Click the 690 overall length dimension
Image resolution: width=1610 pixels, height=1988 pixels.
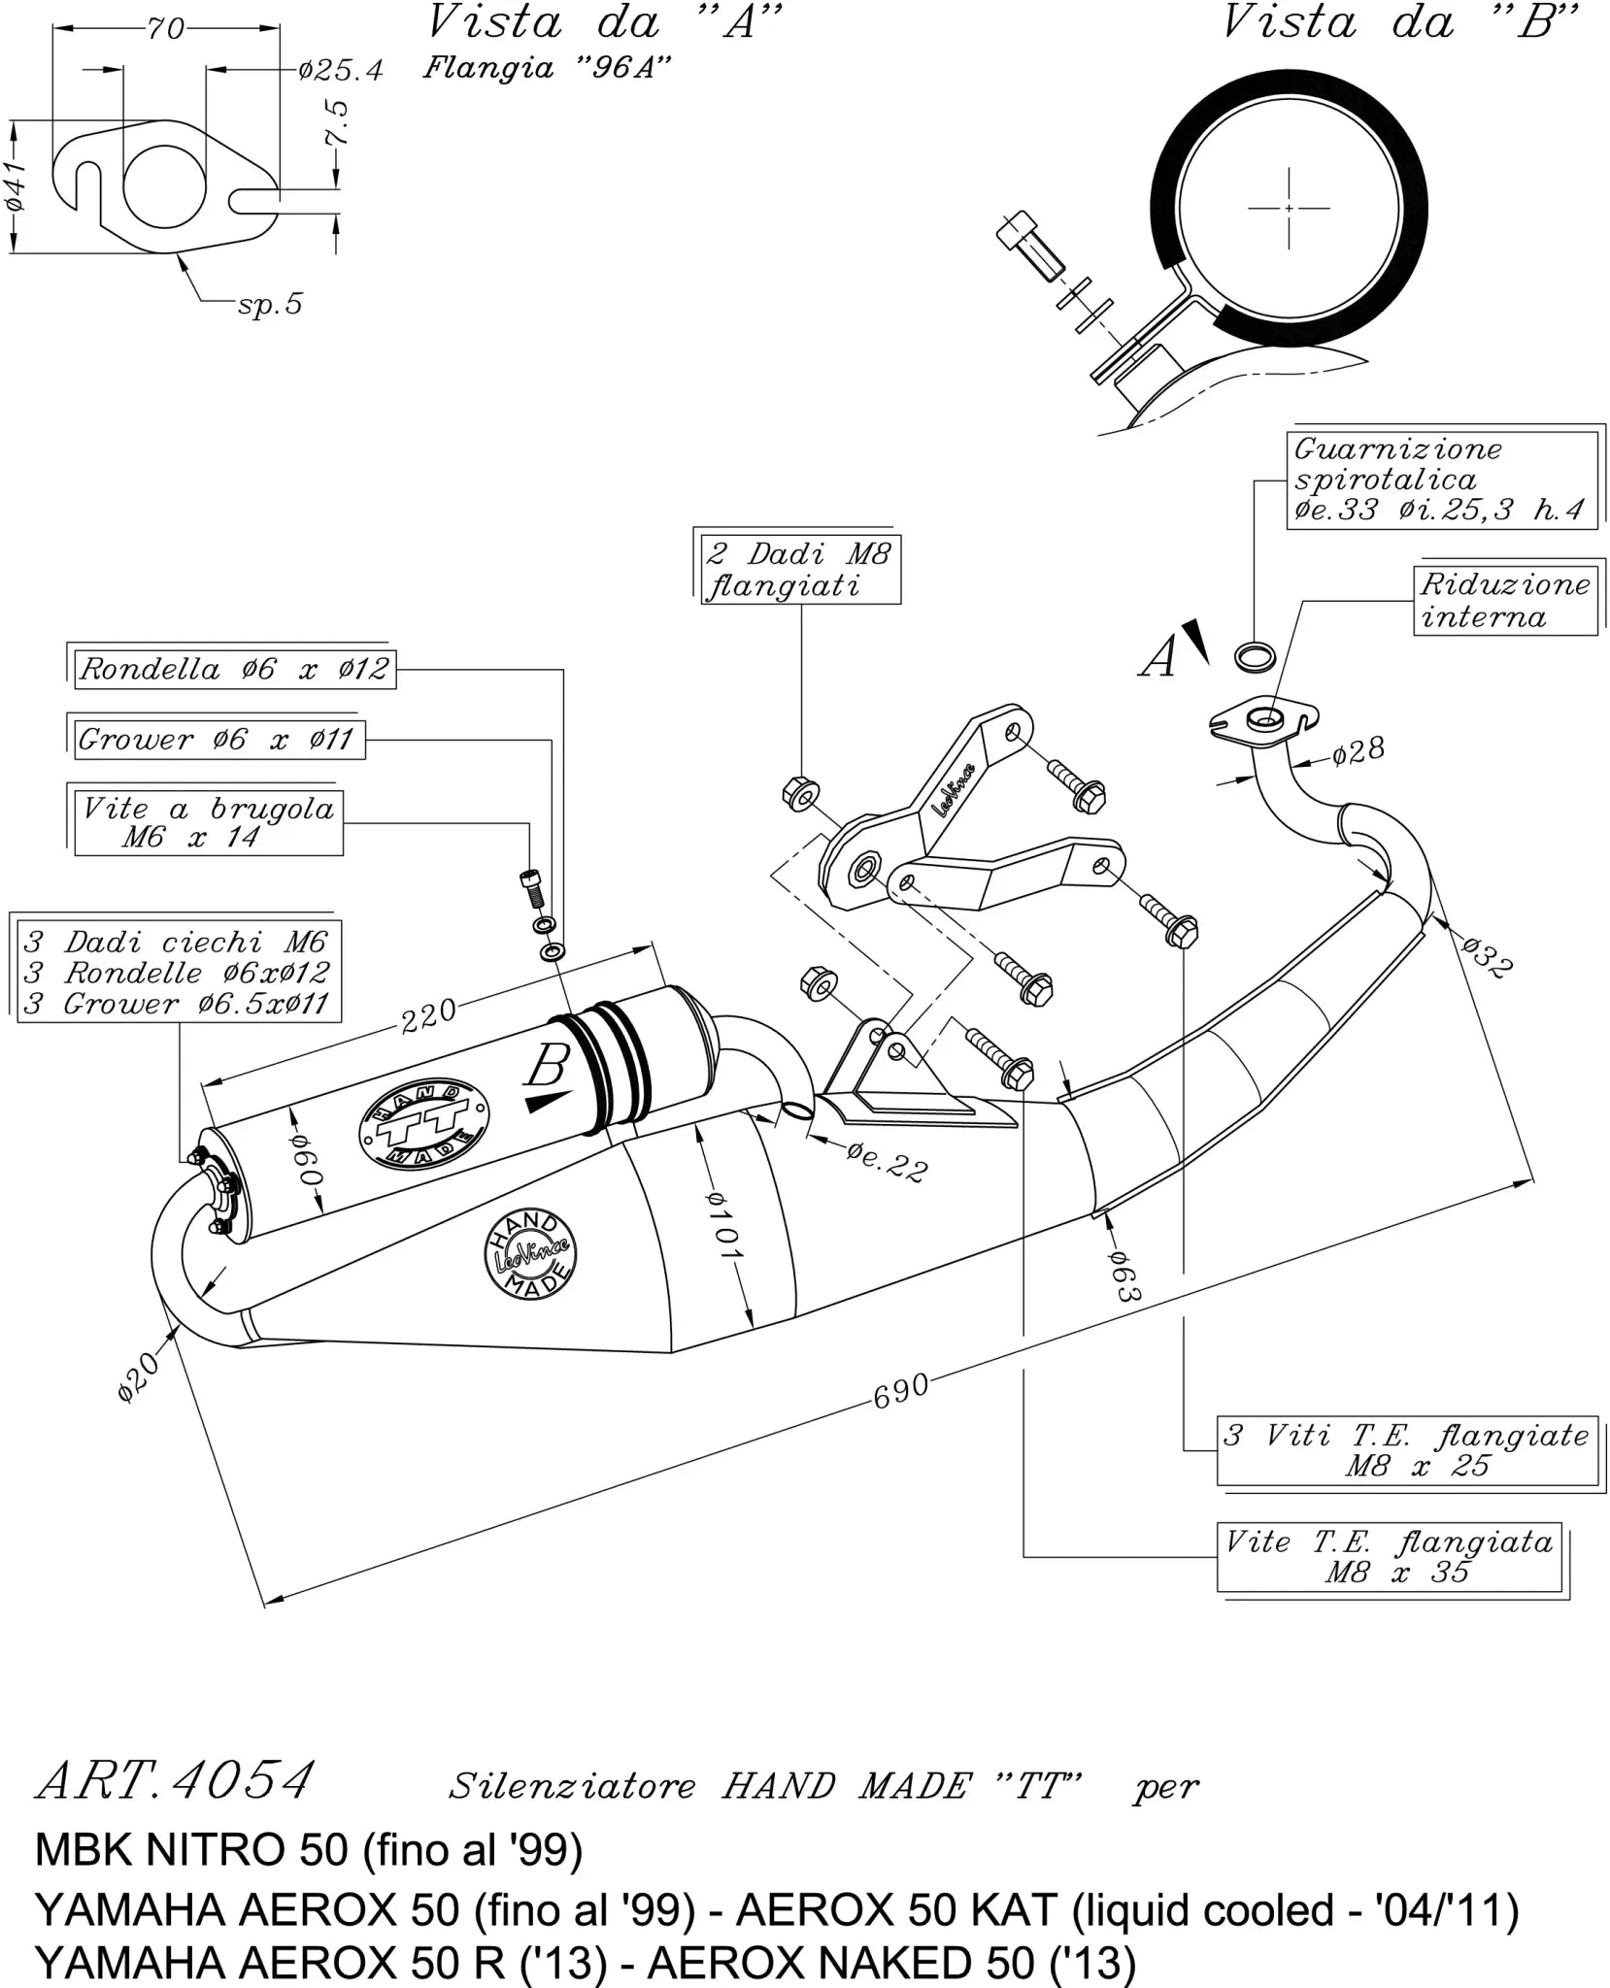coord(901,1391)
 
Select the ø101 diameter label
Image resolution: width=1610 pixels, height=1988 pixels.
coord(723,1224)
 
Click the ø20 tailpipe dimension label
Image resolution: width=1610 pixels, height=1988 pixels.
coord(138,1376)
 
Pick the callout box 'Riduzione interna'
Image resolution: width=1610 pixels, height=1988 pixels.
coord(1505,601)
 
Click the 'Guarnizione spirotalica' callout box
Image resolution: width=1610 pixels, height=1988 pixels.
coord(1442,480)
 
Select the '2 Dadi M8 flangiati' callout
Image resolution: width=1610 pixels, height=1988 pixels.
coord(800,570)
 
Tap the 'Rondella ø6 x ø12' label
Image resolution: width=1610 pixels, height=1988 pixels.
coord(234,669)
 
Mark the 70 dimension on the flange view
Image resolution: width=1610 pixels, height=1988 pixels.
coord(165,30)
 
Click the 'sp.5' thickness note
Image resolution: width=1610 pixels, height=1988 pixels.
coord(270,305)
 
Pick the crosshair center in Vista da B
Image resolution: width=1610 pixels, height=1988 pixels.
coord(1289,208)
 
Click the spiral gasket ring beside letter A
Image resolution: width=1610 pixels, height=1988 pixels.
coord(1255,655)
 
